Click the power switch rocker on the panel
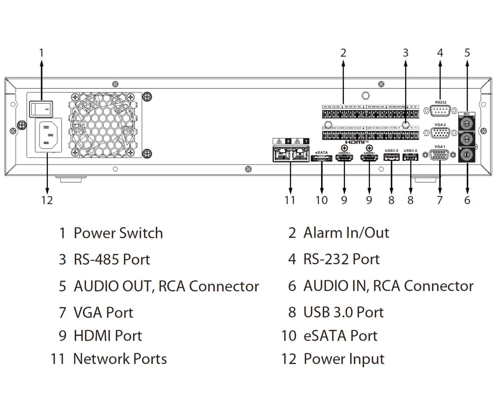coord(41,109)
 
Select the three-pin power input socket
coord(48,135)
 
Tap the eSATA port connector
coord(321,158)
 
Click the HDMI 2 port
coord(344,158)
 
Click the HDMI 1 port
coord(369,158)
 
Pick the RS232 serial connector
coord(440,111)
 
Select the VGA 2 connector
coord(440,133)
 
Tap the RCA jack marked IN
coord(467,154)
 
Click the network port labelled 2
coord(282,156)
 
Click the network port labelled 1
coord(300,156)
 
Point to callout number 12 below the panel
coord(47,200)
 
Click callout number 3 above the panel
coord(405,53)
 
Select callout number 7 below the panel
coord(440,200)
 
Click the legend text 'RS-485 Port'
coord(111,260)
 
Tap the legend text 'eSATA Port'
coord(340,336)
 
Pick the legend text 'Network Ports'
coord(120,359)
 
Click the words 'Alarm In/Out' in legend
coord(346,233)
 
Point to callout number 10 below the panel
coord(321,200)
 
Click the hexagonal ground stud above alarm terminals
coord(365,96)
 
